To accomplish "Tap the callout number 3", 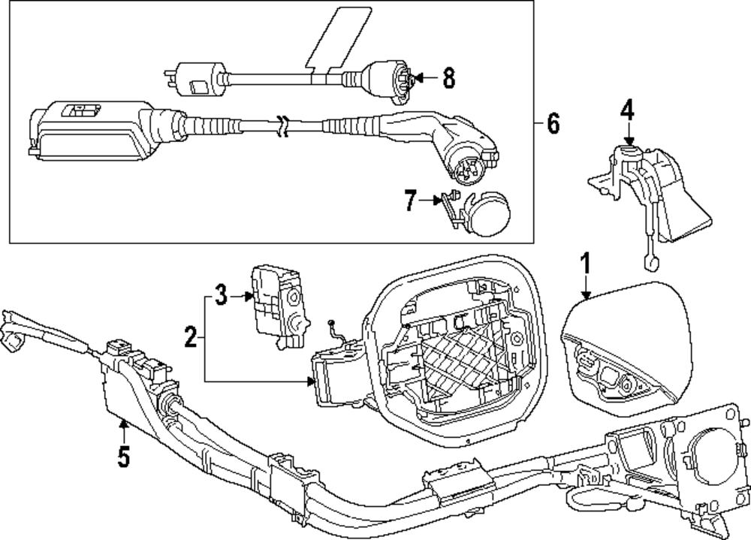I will tap(220, 296).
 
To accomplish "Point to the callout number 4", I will tap(627, 111).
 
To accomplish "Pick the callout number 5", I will tap(123, 455).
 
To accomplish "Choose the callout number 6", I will tap(553, 122).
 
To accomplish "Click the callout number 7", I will tap(410, 201).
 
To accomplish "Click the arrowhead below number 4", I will tap(629, 142).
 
